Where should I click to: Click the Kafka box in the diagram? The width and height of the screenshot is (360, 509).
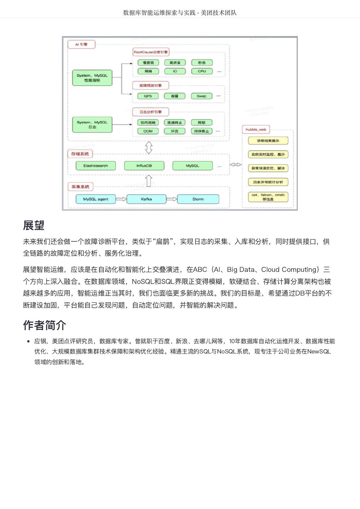146,199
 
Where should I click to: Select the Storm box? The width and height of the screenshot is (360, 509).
198,199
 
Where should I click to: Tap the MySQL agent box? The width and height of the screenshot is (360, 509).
95,199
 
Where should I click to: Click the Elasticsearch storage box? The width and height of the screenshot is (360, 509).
95,165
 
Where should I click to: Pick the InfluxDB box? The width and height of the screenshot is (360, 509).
144,165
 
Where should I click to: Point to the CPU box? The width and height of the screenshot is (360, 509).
202,71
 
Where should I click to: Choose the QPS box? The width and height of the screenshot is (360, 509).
148,96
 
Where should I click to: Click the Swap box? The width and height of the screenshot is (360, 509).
201,96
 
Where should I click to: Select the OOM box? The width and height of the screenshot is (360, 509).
148,131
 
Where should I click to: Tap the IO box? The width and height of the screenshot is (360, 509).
175,71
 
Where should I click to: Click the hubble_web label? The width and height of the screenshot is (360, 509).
256,129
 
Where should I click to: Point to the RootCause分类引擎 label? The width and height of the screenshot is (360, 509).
151,52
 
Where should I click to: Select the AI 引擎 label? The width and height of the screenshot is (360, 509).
81,44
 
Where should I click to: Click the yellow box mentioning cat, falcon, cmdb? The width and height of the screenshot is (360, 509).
268,197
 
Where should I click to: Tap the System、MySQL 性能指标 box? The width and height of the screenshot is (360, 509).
92,78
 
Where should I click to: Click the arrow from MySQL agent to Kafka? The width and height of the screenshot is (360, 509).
121,199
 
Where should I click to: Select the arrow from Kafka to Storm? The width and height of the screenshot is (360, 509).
172,199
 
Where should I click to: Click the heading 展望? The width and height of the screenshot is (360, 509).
34,225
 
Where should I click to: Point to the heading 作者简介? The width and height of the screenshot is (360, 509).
45,325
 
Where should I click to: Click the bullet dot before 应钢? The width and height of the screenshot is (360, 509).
28,341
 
